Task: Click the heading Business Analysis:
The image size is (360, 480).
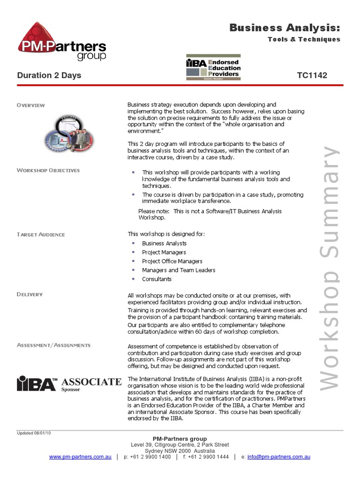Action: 285,28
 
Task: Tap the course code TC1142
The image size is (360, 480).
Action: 312,75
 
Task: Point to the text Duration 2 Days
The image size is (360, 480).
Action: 49,75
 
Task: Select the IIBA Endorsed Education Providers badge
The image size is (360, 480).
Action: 213,68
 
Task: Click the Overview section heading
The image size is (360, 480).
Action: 31,105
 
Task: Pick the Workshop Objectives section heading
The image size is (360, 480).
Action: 48,170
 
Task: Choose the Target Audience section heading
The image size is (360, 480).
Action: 41,234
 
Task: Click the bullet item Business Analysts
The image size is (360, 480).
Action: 164,243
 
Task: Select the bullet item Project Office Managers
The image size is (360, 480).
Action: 172,261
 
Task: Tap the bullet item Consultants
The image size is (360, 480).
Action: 157,279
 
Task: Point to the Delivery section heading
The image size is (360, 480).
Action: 30,294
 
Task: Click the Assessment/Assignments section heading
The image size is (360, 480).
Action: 53,345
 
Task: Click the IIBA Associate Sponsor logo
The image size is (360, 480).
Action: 69,383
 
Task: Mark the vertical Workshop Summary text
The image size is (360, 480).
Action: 331,267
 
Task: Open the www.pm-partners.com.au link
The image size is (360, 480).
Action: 80,457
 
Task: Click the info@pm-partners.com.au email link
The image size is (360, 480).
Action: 278,457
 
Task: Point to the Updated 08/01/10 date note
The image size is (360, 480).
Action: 34,433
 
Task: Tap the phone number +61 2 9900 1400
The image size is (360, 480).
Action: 151,457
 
